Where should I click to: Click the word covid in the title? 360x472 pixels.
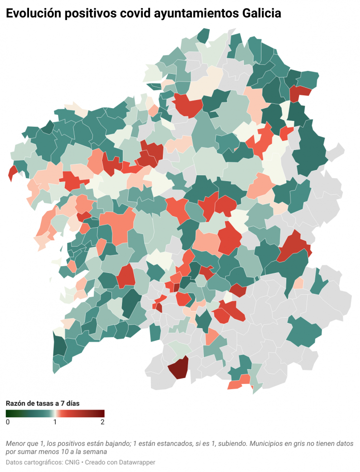coord(131,14)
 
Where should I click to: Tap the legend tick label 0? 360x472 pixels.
coord(8,422)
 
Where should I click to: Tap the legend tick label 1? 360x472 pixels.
coord(55,422)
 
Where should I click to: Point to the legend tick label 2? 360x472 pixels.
coord(102,422)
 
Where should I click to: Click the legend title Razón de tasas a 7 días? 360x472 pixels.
coord(42,403)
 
